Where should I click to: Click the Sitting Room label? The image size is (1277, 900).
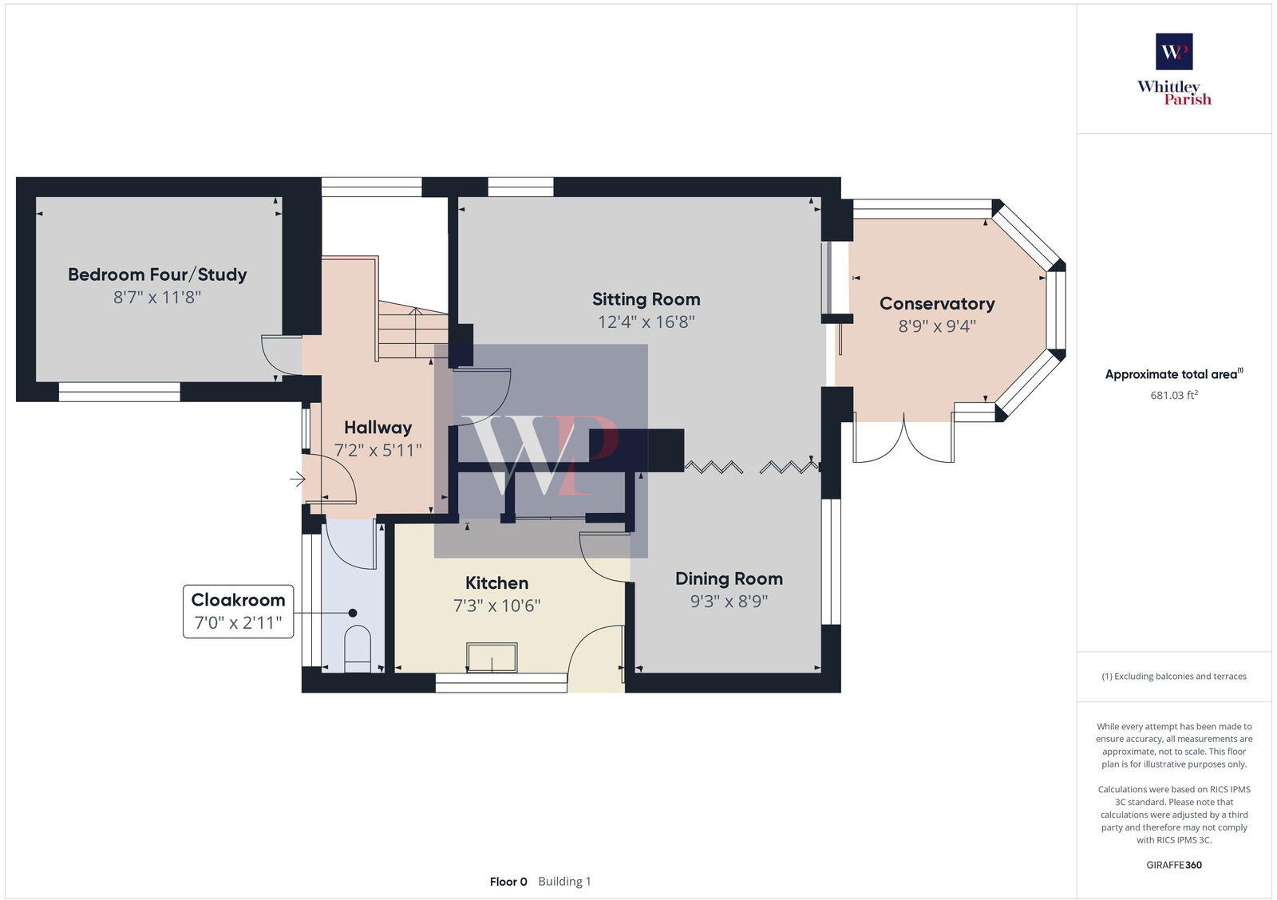646,299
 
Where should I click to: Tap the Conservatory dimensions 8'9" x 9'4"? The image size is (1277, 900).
937,326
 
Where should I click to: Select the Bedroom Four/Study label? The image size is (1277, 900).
157,274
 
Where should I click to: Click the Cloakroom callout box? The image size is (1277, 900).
238,611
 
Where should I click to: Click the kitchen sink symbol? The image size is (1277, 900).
492,658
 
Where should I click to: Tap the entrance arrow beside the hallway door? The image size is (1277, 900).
297,479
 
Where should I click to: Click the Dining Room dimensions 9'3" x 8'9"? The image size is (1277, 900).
729,601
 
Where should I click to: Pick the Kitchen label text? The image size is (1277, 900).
496,583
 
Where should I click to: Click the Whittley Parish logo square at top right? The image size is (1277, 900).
1174,52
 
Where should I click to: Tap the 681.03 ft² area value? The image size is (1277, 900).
1174,395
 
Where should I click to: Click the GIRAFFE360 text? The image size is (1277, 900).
1174,865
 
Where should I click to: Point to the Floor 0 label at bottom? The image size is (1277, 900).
508,882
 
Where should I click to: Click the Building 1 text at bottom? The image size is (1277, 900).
564,882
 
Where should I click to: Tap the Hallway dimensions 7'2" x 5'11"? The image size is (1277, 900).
378,450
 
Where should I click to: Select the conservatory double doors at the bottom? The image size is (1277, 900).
903,440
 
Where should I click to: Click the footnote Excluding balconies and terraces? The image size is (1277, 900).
1174,677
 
